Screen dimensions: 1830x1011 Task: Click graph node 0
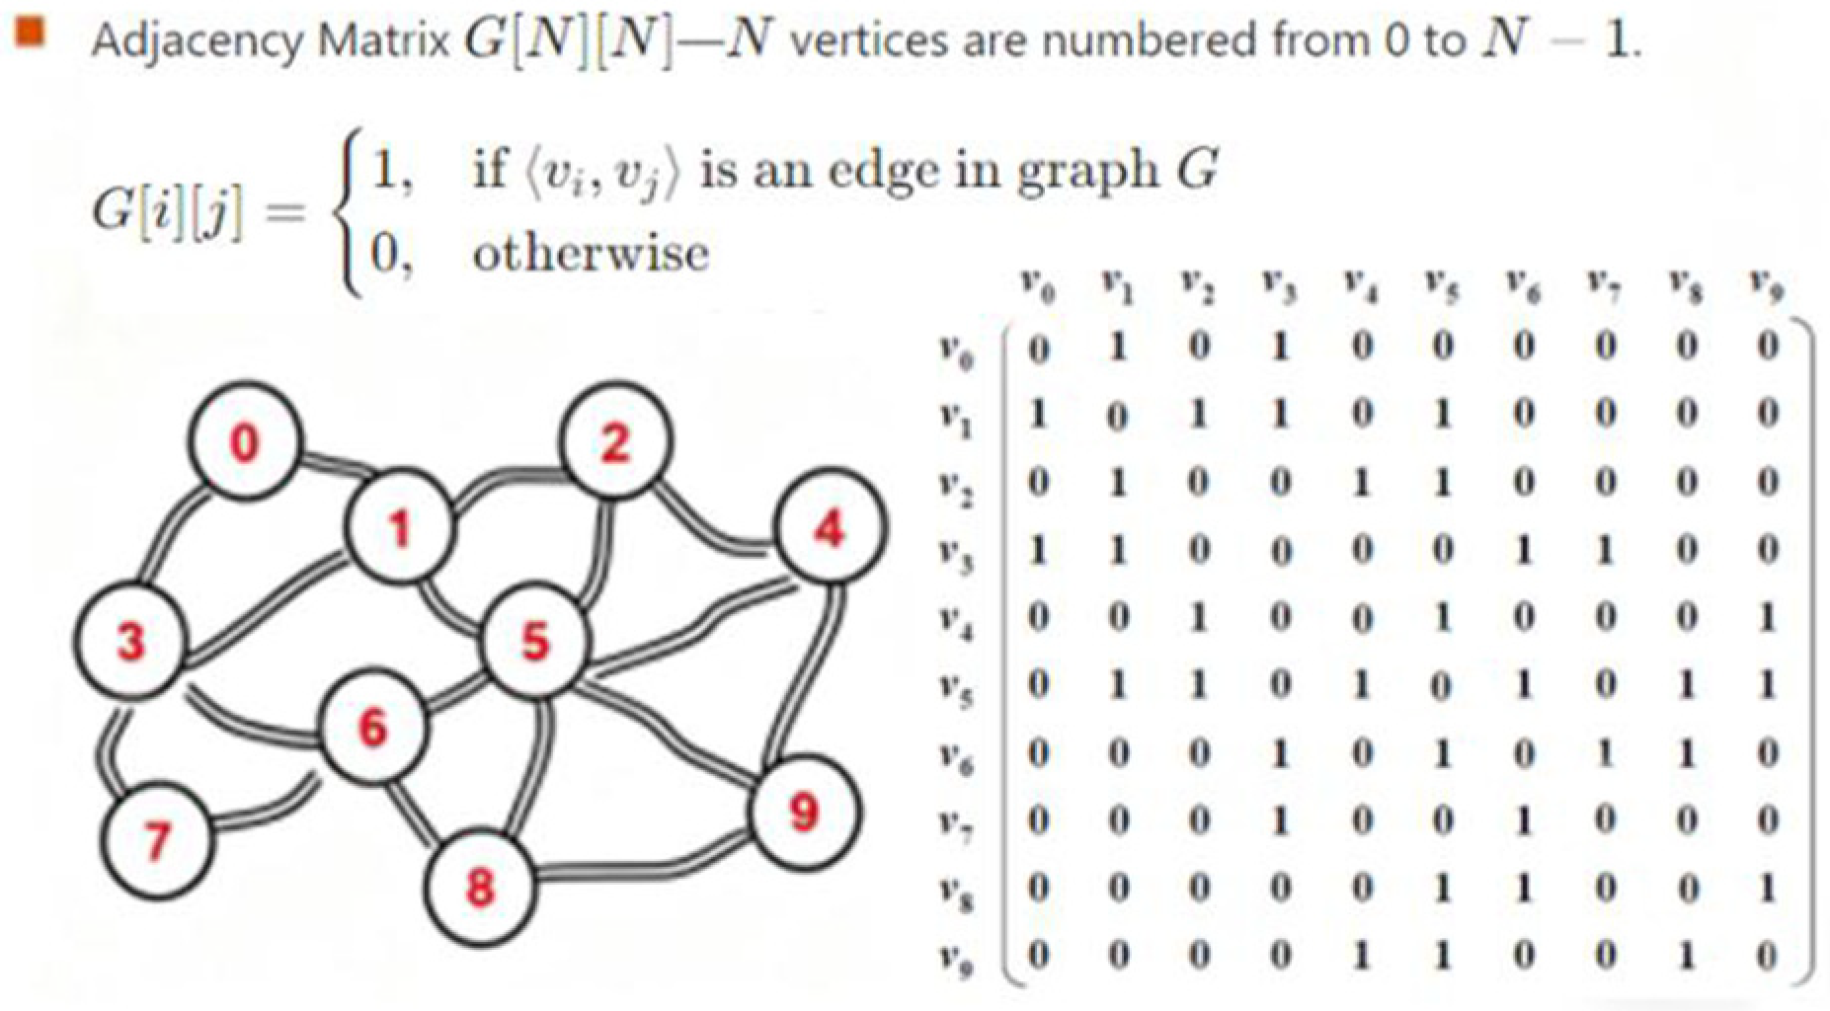(x=244, y=441)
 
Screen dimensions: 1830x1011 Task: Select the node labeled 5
(x=534, y=642)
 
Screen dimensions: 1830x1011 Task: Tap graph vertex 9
(x=804, y=812)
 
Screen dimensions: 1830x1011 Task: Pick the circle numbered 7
(x=157, y=840)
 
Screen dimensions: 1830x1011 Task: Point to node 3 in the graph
(x=129, y=641)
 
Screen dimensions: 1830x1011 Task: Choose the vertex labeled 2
(x=614, y=441)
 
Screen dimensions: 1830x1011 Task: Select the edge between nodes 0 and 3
(x=168, y=533)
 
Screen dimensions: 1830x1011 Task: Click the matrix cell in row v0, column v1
(x=1117, y=347)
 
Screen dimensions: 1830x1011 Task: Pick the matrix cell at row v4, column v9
(x=1767, y=617)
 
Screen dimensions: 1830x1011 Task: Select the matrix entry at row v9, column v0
(x=1037, y=955)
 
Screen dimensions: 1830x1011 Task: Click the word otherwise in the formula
(x=591, y=254)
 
